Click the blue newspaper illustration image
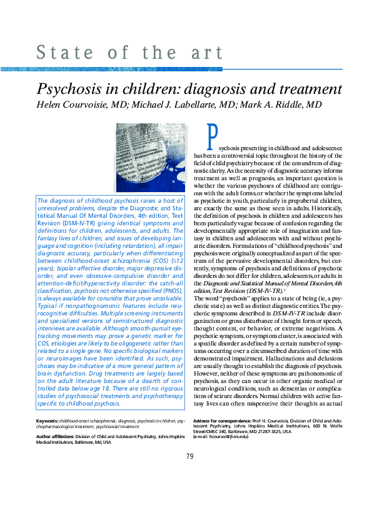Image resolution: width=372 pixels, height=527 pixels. pyautogui.click(x=151, y=157)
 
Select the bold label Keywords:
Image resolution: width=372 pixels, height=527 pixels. pyautogui.click(x=47, y=421)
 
